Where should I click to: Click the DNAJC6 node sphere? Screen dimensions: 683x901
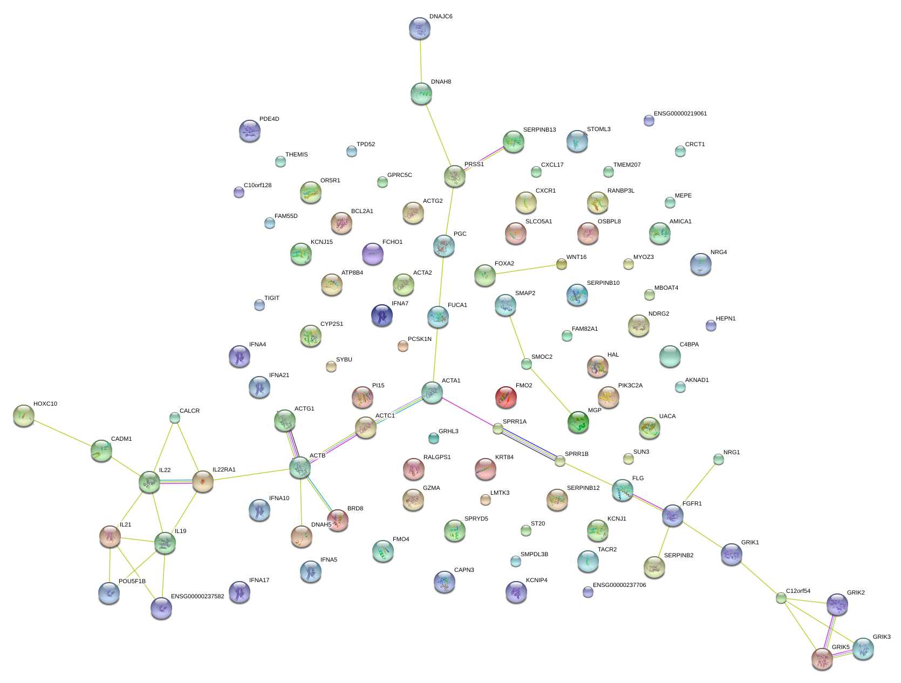coord(420,28)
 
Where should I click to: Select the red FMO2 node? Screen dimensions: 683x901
coord(506,397)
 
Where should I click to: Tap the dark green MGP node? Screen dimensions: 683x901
coord(578,422)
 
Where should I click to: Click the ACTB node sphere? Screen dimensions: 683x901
coord(300,467)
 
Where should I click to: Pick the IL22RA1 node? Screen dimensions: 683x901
coord(203,481)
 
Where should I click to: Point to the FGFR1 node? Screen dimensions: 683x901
coord(673,515)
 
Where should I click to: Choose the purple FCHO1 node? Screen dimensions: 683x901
coord(372,253)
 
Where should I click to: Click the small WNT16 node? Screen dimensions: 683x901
coord(562,263)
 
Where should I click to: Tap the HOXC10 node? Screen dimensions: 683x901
coord(24,415)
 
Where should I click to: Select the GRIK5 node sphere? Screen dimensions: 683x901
coord(822,659)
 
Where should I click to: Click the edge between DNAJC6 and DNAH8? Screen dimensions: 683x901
coord(421,61)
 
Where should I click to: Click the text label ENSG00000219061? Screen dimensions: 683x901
coord(680,114)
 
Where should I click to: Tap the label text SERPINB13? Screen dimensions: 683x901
coord(539,130)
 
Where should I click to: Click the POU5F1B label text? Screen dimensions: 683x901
coord(132,582)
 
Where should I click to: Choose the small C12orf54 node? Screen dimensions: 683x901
coord(781,598)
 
